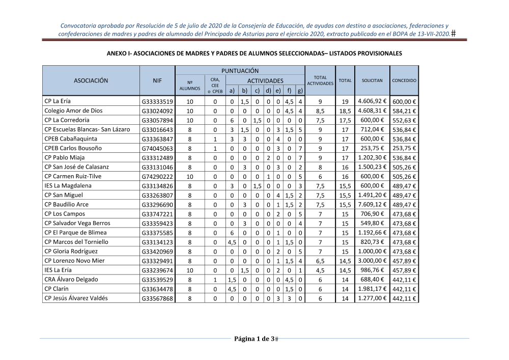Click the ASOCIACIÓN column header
(x=91, y=80)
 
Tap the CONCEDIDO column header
(x=404, y=80)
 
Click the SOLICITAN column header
(x=372, y=80)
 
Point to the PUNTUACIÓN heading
(x=240, y=71)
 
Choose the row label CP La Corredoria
(x=67, y=120)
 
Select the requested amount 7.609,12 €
(x=373, y=205)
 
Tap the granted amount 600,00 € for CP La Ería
(x=405, y=101)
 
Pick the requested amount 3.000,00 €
(x=373, y=261)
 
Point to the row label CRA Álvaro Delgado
(x=71, y=280)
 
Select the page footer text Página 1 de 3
(x=254, y=339)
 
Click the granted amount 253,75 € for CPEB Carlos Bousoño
(x=405, y=148)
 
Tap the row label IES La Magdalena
(x=68, y=186)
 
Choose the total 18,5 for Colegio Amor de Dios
(x=345, y=111)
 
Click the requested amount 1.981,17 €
(x=373, y=289)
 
